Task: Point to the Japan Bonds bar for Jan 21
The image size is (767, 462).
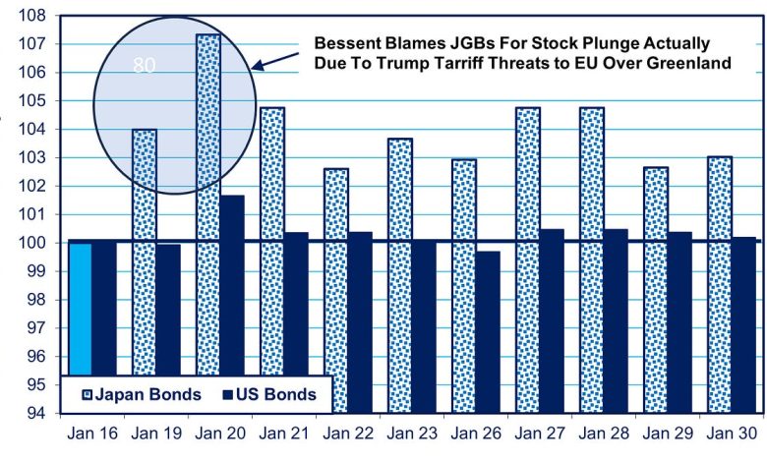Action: point(272,246)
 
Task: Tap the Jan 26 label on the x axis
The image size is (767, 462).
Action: point(475,433)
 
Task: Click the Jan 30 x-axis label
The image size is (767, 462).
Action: point(731,433)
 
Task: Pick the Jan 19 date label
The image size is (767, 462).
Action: point(155,433)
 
